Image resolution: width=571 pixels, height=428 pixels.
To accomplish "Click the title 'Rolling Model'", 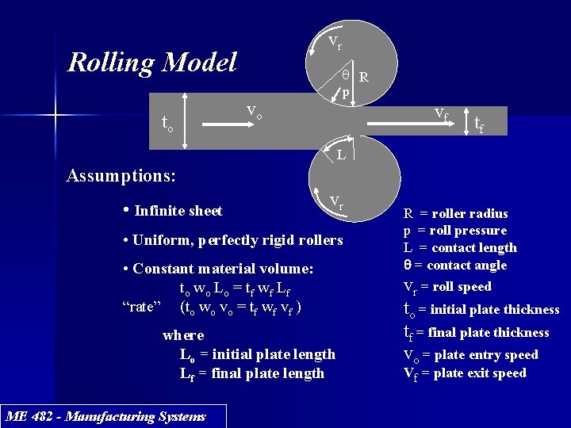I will [x=152, y=62].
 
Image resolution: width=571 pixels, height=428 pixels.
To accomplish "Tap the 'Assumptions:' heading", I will [x=121, y=174].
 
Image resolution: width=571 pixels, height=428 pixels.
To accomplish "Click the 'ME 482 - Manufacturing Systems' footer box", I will [x=105, y=416].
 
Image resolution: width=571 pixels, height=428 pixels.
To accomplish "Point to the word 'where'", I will [x=183, y=335].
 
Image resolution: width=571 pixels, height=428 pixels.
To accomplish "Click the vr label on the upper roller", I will [x=335, y=41].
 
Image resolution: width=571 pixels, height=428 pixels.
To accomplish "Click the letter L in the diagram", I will [x=339, y=155].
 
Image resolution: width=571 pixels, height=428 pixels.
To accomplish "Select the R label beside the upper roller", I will [x=362, y=78].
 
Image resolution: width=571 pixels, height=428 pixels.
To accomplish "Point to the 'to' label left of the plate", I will [x=167, y=124].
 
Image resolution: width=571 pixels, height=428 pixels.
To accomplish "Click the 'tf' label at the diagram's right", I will [x=480, y=124].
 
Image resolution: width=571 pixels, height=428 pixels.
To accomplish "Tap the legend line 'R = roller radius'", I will [x=455, y=213].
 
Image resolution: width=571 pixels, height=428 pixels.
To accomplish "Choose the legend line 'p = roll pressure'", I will [x=454, y=231].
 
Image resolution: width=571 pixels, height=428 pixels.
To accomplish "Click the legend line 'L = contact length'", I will [x=460, y=248].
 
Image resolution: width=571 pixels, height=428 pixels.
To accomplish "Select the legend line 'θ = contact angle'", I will [x=455, y=266].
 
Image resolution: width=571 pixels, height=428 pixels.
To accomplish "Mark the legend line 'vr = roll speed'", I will [x=447, y=287].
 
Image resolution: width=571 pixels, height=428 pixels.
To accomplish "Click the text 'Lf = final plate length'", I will [x=252, y=373].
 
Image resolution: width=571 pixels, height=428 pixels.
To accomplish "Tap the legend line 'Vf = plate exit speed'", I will [x=465, y=373].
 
